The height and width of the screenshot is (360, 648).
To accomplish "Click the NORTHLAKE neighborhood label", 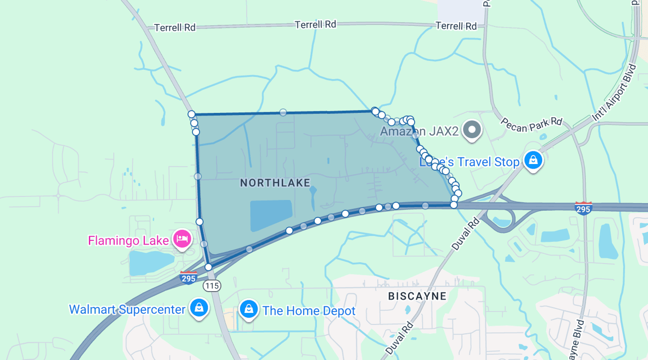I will click(x=275, y=183).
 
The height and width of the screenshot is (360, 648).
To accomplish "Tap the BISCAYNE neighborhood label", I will click(x=417, y=296).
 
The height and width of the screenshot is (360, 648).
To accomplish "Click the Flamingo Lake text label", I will click(x=128, y=240).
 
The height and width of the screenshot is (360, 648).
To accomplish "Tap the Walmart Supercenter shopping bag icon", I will click(x=199, y=308).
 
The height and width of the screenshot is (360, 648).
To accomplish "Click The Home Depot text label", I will click(x=309, y=311).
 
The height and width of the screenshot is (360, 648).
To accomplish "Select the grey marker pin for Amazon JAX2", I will click(x=472, y=129).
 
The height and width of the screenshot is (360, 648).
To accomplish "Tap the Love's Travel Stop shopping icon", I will click(x=533, y=161).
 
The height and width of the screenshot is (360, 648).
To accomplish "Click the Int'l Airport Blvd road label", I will click(x=614, y=93).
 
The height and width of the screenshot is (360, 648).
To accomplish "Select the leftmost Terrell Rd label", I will click(x=175, y=27).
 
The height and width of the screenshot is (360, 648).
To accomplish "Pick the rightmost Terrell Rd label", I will click(x=456, y=25).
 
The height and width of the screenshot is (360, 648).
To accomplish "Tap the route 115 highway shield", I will click(x=212, y=286).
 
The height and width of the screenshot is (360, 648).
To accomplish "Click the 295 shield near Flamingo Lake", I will click(x=189, y=277).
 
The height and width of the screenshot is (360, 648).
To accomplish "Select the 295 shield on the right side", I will click(x=584, y=208).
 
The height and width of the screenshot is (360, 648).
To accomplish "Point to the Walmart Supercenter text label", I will click(x=127, y=309).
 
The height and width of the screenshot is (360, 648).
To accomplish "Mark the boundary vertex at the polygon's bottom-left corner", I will click(x=208, y=267).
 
